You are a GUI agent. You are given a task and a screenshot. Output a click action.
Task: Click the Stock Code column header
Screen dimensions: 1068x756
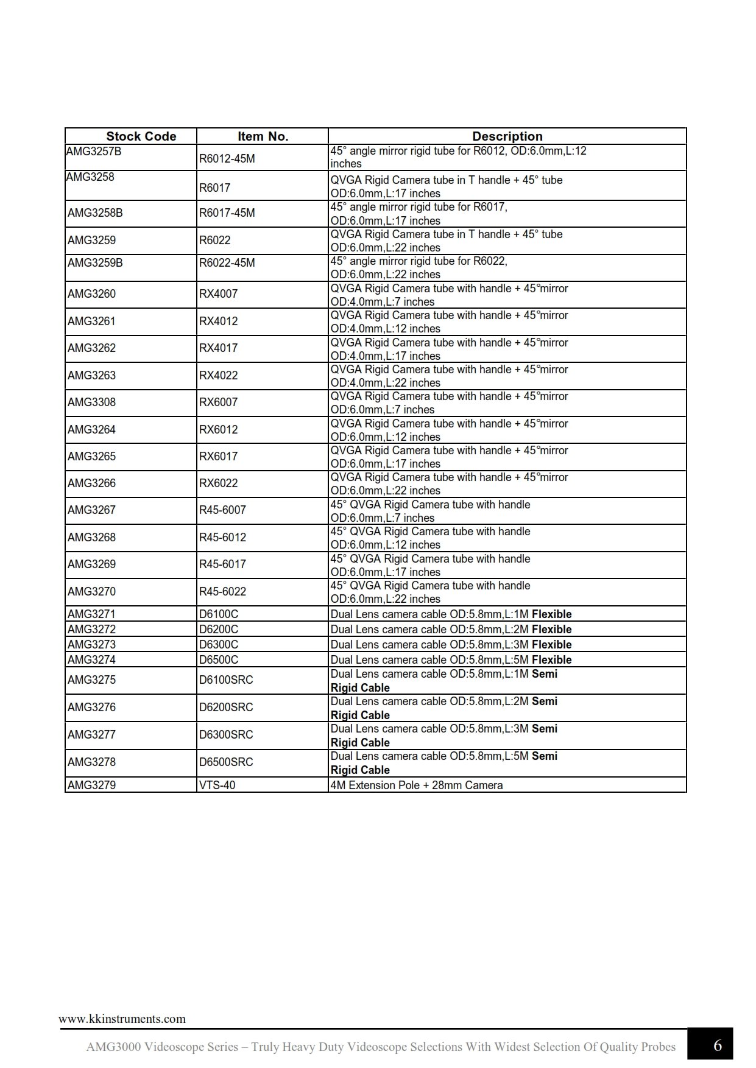coord(141,136)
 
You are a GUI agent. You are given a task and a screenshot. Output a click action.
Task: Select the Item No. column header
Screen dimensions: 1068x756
coord(263,136)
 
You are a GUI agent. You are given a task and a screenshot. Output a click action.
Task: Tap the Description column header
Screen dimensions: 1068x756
coord(507,136)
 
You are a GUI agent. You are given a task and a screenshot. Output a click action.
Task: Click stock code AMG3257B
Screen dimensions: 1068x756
coord(94,151)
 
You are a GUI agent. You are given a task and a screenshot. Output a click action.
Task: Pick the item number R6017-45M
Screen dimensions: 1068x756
coord(227,213)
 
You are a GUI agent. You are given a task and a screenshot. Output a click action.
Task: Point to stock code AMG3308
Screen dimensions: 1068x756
coord(91,402)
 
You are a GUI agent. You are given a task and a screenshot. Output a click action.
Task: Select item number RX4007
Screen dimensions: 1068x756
coord(218,294)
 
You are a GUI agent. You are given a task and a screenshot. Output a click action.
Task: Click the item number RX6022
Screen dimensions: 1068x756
coord(218,483)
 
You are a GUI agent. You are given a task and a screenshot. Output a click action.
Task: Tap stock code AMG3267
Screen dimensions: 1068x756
coord(91,510)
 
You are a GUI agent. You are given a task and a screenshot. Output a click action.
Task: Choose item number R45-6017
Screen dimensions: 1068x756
coord(222,564)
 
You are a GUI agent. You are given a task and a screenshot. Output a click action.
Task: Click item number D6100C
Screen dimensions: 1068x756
coord(218,614)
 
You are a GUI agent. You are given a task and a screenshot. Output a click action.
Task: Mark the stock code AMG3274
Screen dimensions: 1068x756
coord(91,660)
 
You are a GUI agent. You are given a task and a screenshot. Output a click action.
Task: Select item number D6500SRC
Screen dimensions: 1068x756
coord(225,762)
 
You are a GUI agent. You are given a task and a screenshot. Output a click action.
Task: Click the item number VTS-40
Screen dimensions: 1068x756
coord(217,785)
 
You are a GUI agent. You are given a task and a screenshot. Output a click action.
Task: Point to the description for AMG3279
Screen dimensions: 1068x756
coord(417,785)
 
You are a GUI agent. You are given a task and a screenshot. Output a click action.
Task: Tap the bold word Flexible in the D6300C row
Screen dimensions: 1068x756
coord(551,645)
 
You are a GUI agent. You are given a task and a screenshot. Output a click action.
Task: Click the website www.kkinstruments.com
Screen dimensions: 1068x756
coord(122,1019)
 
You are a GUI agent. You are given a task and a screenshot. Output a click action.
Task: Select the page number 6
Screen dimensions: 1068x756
coord(717,1045)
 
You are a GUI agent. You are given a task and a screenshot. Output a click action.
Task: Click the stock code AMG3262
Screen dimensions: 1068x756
coord(91,348)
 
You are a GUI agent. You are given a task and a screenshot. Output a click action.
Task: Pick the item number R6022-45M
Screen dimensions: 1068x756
coord(227,263)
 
